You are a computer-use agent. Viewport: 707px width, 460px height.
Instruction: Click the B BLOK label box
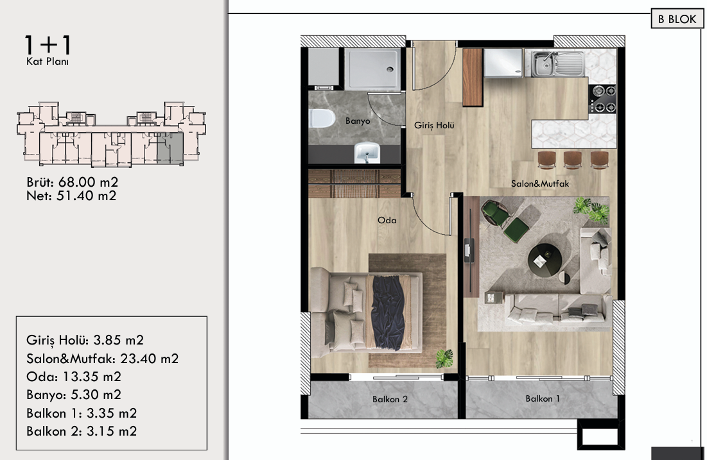tap(677, 19)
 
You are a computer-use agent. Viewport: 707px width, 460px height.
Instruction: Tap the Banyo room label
tap(358, 121)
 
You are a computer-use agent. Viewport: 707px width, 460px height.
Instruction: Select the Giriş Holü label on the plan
tap(434, 126)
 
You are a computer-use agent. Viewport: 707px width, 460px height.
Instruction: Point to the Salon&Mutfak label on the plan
tap(539, 184)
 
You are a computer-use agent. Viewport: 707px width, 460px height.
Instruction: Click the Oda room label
tap(387, 220)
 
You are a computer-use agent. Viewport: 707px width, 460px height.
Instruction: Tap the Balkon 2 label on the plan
tap(390, 399)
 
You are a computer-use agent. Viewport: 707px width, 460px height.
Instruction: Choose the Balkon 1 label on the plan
tap(543, 398)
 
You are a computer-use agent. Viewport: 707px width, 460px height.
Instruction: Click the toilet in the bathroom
tap(322, 119)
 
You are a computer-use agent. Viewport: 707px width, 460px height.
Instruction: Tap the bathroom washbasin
tap(367, 153)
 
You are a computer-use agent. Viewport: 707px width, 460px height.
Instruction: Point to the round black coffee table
tap(545, 260)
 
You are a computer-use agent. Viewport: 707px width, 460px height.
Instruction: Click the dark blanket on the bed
tap(388, 311)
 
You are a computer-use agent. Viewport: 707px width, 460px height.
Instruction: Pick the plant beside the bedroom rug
tap(444, 359)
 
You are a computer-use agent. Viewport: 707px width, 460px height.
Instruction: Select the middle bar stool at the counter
tap(572, 160)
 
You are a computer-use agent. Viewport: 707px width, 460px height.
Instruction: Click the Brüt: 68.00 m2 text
tap(72, 182)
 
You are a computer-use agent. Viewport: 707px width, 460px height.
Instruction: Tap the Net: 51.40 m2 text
tap(71, 196)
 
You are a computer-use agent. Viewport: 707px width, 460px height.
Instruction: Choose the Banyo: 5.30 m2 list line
tap(73, 395)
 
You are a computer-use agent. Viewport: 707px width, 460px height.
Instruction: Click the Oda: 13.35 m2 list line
tap(73, 377)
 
